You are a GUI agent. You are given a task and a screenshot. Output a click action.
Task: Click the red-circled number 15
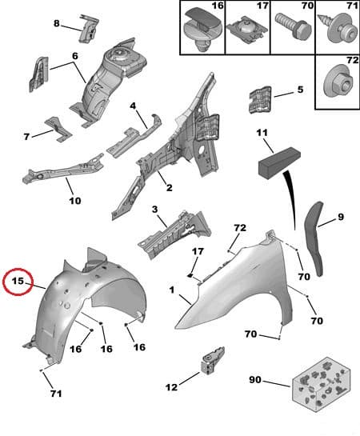pyautogui.click(x=18, y=282)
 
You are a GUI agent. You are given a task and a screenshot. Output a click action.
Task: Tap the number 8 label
pyautogui.click(x=56, y=23)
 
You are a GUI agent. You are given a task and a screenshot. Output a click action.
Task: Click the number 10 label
pyautogui.click(x=74, y=200)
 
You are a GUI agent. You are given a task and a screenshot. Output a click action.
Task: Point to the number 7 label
pyautogui.click(x=26, y=136)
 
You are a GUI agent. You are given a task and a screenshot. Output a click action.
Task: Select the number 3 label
pyautogui.click(x=154, y=209)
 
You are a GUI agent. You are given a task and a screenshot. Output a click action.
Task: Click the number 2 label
pyautogui.click(x=169, y=188)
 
